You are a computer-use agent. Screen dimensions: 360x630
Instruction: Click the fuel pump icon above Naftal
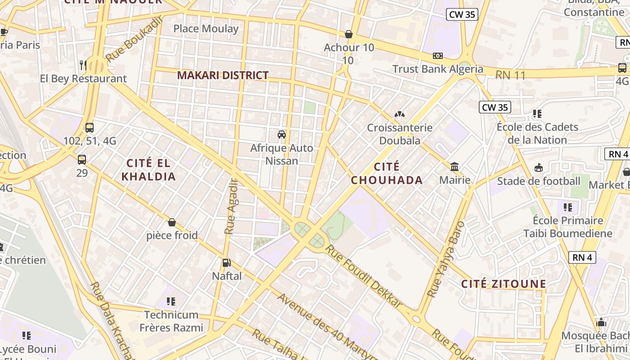pos(227,263)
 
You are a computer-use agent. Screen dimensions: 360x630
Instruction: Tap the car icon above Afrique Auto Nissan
pos(282,135)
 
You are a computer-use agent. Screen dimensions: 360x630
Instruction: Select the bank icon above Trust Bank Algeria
pos(437,56)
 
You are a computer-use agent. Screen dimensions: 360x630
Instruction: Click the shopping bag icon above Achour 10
pos(349,34)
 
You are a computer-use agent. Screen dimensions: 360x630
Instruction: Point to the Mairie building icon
pos(454,167)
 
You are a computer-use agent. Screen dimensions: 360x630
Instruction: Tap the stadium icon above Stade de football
pos(539,168)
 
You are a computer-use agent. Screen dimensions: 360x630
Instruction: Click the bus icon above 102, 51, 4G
pos(90,128)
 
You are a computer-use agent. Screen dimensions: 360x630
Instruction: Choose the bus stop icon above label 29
pos(82,159)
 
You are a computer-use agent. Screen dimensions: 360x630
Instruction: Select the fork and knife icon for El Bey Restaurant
pos(83,65)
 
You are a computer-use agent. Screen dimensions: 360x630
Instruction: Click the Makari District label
pos(223,75)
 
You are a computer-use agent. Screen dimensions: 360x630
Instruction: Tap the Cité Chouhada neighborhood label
pos(387,174)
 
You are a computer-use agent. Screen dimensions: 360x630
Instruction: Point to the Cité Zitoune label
pos(504,284)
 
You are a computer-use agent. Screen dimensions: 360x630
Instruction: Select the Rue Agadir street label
pos(231,206)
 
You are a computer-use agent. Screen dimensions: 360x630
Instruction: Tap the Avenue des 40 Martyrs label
pos(328,328)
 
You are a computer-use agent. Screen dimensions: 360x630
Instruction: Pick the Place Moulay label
pos(206,29)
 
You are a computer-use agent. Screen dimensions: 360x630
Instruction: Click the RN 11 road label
pos(510,76)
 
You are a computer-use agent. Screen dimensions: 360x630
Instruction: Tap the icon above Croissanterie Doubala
pos(399,114)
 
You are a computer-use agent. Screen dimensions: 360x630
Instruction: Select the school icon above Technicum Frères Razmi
pos(171,301)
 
